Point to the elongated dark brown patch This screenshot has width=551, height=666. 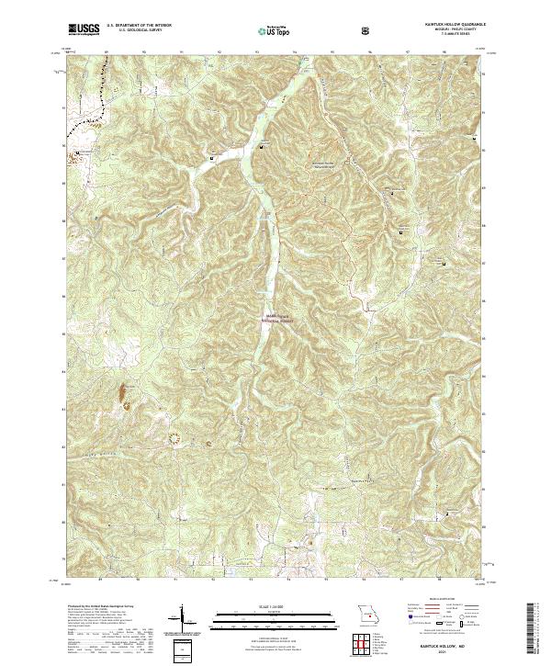click(x=121, y=399)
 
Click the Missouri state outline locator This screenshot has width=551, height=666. click(x=367, y=613)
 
